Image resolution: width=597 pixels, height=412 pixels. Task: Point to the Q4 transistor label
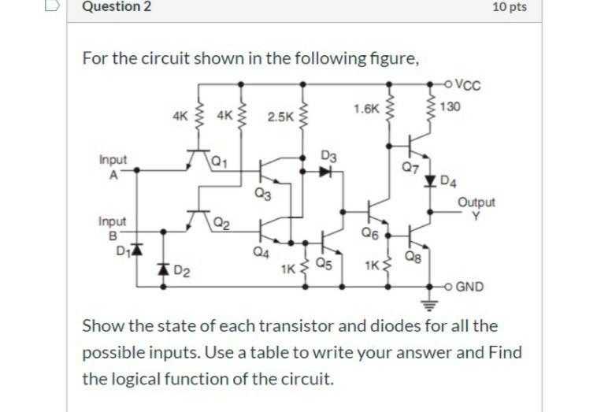(261, 252)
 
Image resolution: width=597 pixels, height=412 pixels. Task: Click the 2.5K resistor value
(279, 117)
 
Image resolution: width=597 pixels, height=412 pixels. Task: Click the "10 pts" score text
(509, 8)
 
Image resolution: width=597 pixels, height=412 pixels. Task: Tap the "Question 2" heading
(117, 8)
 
